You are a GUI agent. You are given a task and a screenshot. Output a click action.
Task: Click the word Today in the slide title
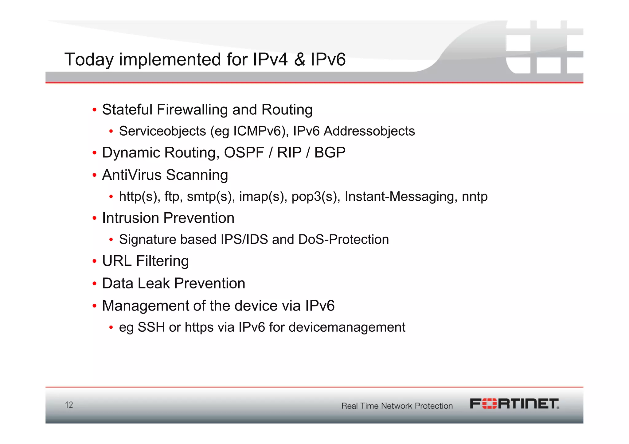(x=89, y=60)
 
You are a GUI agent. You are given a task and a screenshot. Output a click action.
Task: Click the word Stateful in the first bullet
(x=127, y=110)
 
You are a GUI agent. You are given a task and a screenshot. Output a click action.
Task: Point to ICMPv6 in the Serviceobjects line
(x=257, y=131)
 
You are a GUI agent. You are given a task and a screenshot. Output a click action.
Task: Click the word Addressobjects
(x=369, y=131)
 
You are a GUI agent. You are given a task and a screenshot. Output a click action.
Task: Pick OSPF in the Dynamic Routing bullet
(x=244, y=153)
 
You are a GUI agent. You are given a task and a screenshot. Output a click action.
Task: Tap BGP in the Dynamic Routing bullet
(x=330, y=153)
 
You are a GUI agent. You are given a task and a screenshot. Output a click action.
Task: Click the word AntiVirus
(x=132, y=175)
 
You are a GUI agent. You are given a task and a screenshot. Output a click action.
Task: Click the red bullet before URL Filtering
(x=95, y=261)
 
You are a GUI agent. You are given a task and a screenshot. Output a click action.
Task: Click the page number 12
(x=69, y=405)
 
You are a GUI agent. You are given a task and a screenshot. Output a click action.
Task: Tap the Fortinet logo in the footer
(x=514, y=404)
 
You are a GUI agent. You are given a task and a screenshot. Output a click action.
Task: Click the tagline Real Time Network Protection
(x=397, y=406)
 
